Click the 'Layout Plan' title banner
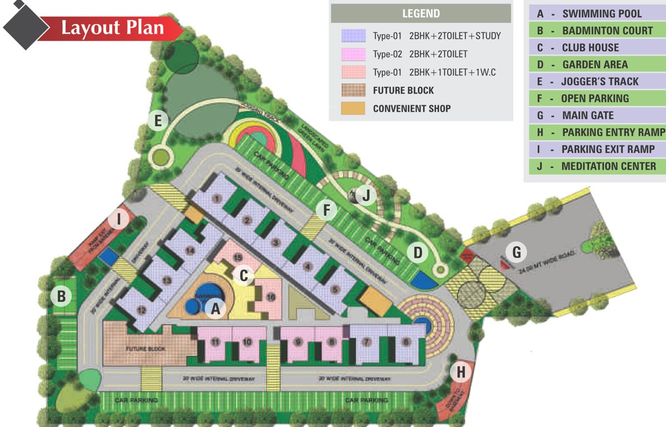(x=111, y=27)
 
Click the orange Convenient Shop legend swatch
(x=353, y=108)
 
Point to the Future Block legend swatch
(x=353, y=90)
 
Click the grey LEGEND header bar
(x=420, y=14)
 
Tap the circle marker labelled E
(x=158, y=120)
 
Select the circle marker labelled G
(x=516, y=252)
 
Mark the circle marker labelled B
(x=61, y=296)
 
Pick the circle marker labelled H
(x=460, y=371)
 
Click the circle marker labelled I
(x=118, y=220)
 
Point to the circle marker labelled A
(x=216, y=307)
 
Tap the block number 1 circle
(x=217, y=197)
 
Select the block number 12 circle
(x=142, y=310)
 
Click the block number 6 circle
(x=406, y=342)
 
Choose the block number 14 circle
(x=190, y=251)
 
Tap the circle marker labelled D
(x=418, y=253)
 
